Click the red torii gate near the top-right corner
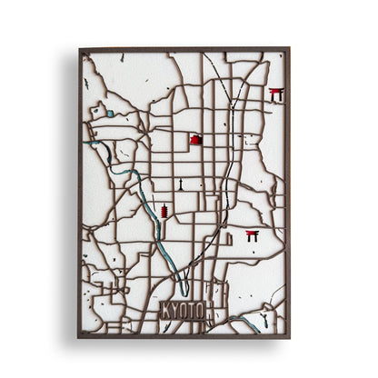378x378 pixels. (x=276, y=94)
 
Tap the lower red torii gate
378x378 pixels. (x=252, y=236)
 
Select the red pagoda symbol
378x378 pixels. (x=164, y=212)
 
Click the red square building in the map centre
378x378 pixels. (x=195, y=140)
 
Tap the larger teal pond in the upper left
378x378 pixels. (x=110, y=114)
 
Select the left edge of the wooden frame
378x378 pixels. (x=80, y=191)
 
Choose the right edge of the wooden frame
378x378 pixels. (x=288, y=191)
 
